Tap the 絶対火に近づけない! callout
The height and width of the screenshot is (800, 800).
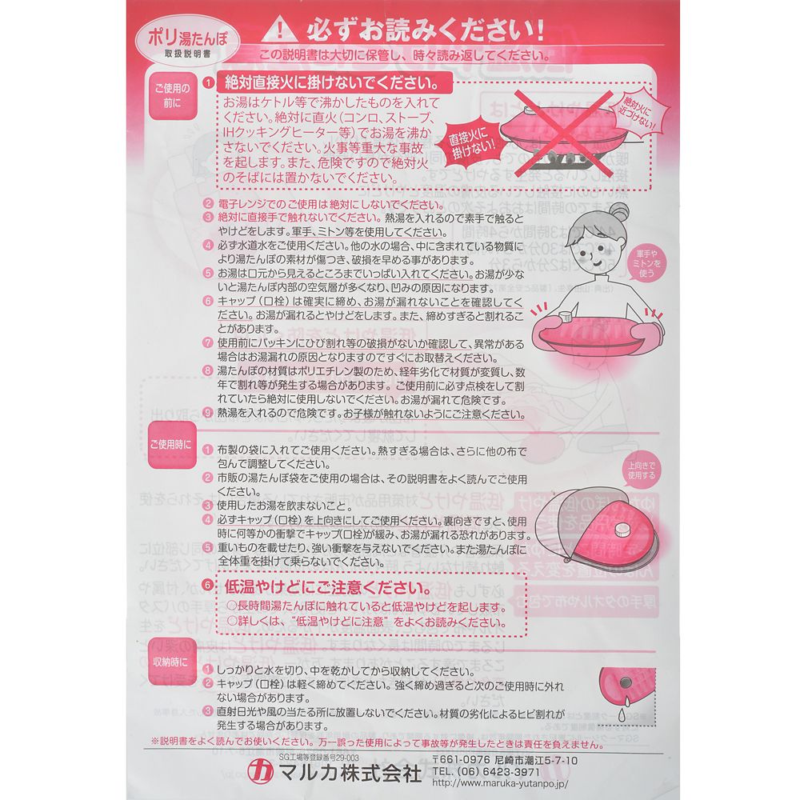click(631, 113)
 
